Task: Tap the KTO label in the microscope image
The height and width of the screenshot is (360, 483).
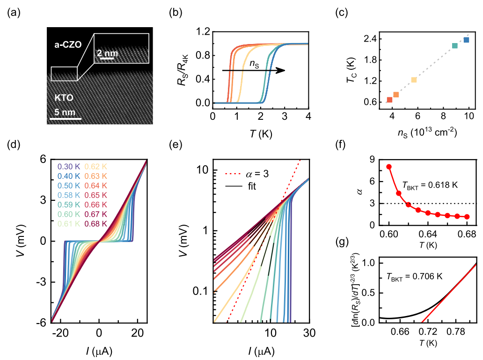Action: coord(64,99)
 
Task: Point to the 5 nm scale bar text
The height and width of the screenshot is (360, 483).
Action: coord(63,112)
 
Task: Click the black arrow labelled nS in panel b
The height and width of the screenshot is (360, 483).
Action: coord(253,70)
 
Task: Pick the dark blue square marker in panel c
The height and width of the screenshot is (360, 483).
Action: coord(466,40)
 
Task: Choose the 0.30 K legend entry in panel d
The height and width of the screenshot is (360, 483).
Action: coord(69,166)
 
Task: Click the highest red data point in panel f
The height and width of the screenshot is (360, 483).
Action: coord(389,167)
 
